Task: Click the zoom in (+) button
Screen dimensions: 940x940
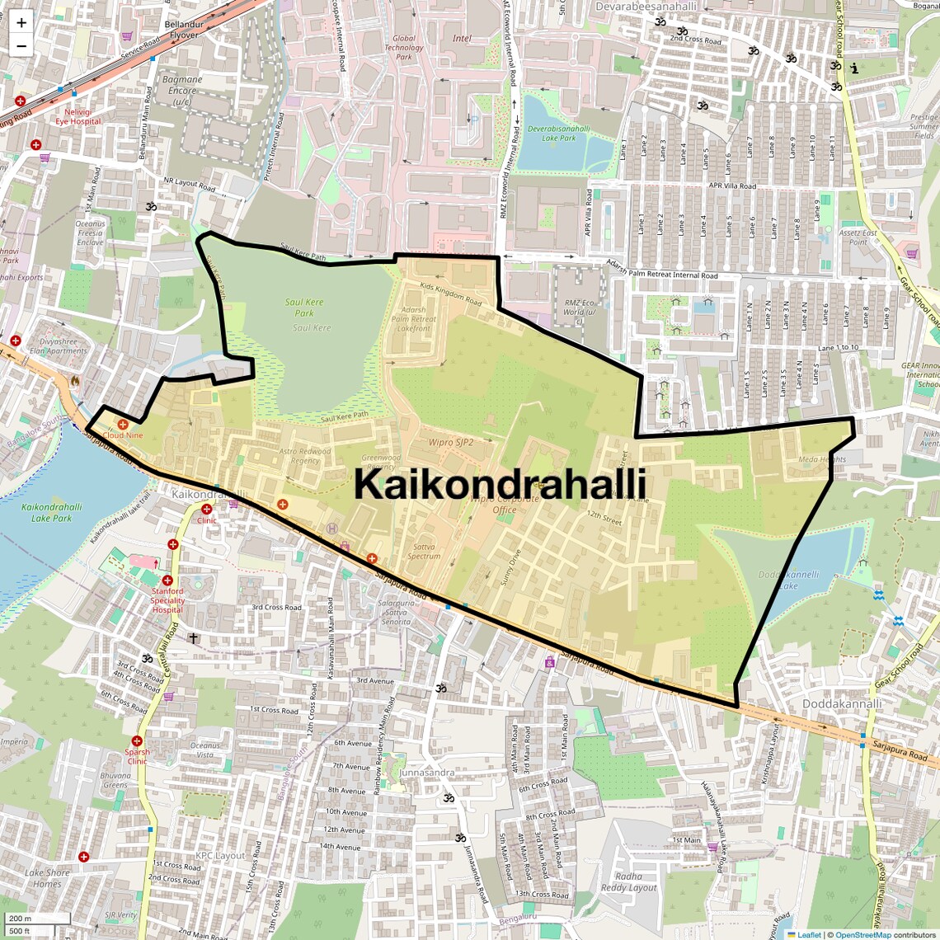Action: point(21,23)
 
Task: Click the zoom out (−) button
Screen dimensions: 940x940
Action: point(21,46)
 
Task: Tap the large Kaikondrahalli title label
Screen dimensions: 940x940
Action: point(500,485)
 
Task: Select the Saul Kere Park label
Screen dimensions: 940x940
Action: point(304,308)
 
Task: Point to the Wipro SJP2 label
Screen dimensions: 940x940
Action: point(451,442)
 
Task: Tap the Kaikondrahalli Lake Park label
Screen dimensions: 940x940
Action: point(51,512)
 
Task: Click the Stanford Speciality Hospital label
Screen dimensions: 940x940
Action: point(167,600)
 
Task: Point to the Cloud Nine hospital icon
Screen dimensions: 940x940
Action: point(122,424)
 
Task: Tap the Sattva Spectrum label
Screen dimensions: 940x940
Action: point(424,551)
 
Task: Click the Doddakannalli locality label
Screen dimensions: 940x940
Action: point(842,704)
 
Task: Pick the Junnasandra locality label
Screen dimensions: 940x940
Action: point(426,773)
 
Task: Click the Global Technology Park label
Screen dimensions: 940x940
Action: point(404,47)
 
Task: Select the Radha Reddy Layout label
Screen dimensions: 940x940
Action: point(628,882)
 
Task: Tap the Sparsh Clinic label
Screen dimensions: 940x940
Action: point(137,756)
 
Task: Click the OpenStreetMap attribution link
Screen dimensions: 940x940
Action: point(862,934)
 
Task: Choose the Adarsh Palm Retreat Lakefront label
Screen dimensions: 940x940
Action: point(413,319)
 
